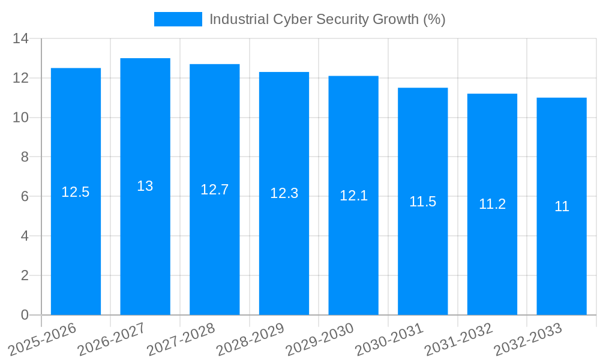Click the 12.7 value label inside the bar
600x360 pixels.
point(214,190)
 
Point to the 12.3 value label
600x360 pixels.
point(284,193)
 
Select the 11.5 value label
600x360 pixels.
point(422,202)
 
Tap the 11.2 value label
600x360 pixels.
point(492,204)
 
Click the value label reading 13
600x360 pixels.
point(145,186)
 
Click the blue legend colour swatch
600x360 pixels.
point(178,19)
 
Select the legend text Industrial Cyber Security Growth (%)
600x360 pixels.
point(327,19)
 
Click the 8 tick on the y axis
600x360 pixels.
point(25,157)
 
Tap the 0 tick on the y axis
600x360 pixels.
point(25,315)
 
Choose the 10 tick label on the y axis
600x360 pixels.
point(21,118)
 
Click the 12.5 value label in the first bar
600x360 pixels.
point(76,192)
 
